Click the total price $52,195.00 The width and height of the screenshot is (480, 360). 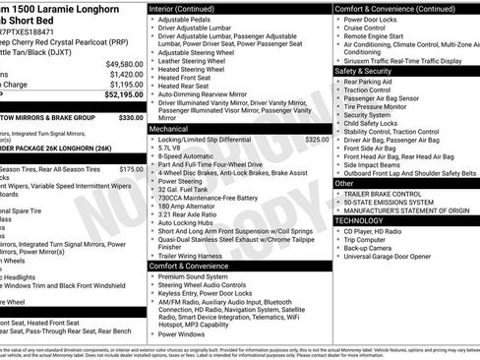coord(120,93)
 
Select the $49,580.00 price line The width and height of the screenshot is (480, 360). coord(120,63)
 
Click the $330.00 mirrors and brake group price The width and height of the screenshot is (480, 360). coord(131,116)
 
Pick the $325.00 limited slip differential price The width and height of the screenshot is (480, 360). coord(318,140)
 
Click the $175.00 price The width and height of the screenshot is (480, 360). coord(131,169)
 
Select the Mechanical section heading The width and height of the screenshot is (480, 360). coord(170,129)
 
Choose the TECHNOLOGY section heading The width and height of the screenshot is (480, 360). coord(358,220)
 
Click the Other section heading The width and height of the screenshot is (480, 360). coord(344,183)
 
